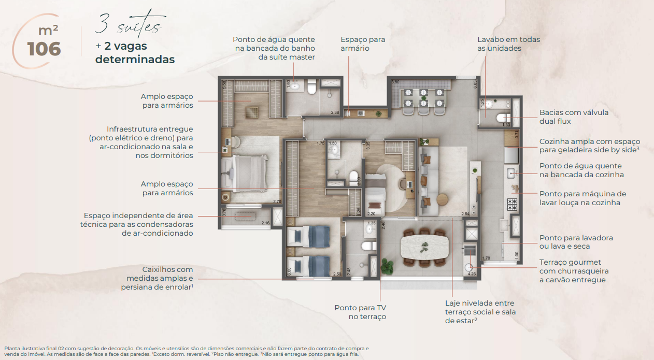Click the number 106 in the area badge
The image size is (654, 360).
[44, 49]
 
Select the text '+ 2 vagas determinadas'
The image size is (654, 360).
[135, 52]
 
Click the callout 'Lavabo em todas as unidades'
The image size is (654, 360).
[501, 44]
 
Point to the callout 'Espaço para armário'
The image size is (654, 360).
[363, 44]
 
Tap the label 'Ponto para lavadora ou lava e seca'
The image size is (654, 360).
[576, 242]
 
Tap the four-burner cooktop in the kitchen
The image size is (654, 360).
[512, 204]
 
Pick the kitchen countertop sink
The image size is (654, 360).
[511, 172]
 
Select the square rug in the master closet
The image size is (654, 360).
[252, 111]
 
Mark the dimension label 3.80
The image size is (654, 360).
[395, 82]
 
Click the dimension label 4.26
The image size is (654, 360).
[471, 273]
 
